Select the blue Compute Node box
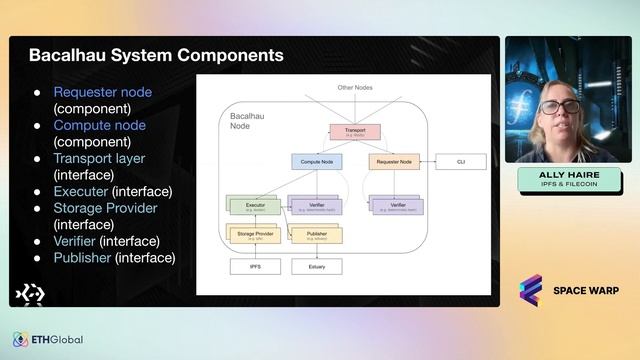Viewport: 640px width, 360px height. pos(316,161)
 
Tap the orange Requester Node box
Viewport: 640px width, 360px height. pos(394,161)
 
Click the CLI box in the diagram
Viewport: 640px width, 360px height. pos(461,161)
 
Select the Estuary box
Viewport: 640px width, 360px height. pos(316,267)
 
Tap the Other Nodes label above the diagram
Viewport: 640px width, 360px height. pos(354,88)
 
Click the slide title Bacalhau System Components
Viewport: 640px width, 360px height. pos(155,55)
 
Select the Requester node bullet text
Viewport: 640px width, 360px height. pos(103,92)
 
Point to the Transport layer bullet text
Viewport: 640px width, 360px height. pos(99,158)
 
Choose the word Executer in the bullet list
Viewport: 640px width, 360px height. pos(81,191)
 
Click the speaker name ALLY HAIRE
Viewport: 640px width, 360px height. pos(570,175)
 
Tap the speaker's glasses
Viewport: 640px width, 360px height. pos(561,106)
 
